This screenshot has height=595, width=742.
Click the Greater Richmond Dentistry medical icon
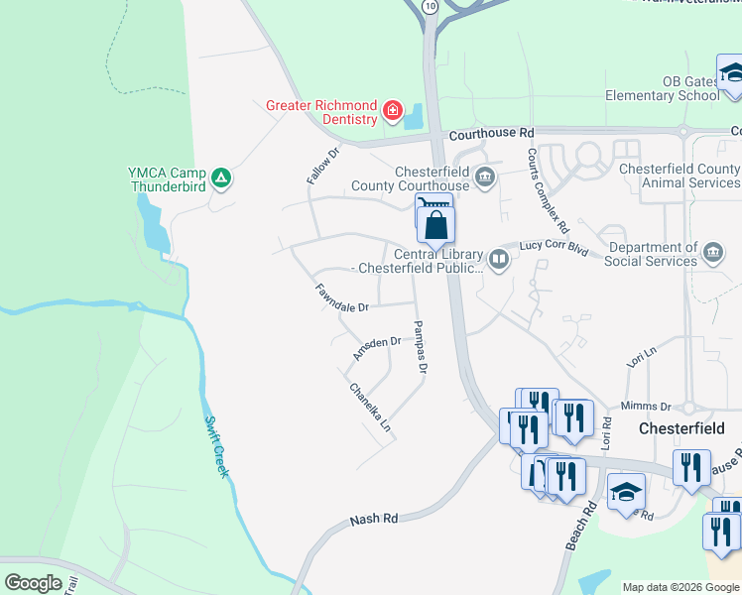point(394,110)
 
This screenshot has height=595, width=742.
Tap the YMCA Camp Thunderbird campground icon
point(223,178)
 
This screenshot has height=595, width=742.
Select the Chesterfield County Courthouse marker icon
point(484,178)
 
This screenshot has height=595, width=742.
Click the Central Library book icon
point(499,261)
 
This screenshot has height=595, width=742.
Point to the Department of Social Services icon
point(712,254)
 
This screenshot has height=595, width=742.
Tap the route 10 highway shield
point(429,6)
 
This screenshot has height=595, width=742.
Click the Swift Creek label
point(217,447)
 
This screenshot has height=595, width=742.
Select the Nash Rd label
point(374,519)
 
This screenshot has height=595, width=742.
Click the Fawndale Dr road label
point(342,297)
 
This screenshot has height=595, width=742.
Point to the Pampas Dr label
point(420,347)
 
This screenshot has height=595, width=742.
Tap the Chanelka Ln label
point(371,408)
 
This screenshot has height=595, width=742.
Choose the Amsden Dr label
point(377,347)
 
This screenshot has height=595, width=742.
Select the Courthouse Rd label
point(490,133)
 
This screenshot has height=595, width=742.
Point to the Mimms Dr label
point(646,407)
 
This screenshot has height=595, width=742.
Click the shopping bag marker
point(436,225)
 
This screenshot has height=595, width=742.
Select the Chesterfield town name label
point(681,428)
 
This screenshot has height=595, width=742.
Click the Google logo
point(34,583)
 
